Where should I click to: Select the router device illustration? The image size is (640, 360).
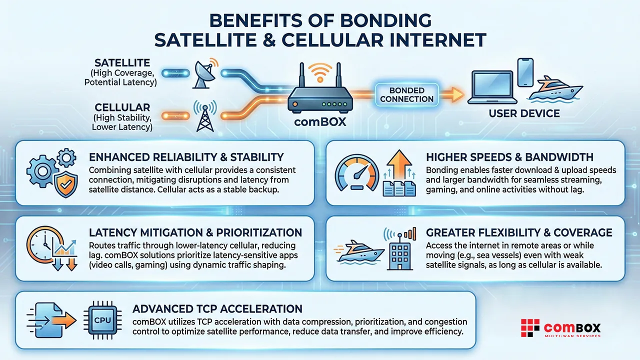tap(320, 95)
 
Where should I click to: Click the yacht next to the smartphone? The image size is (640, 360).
tap(558, 89)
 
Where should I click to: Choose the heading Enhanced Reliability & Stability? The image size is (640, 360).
tap(186, 157)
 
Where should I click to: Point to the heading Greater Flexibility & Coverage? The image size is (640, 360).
tap(519, 232)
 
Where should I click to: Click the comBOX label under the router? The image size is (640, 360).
tap(320, 121)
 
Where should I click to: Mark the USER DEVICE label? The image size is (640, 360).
tap(524, 113)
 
